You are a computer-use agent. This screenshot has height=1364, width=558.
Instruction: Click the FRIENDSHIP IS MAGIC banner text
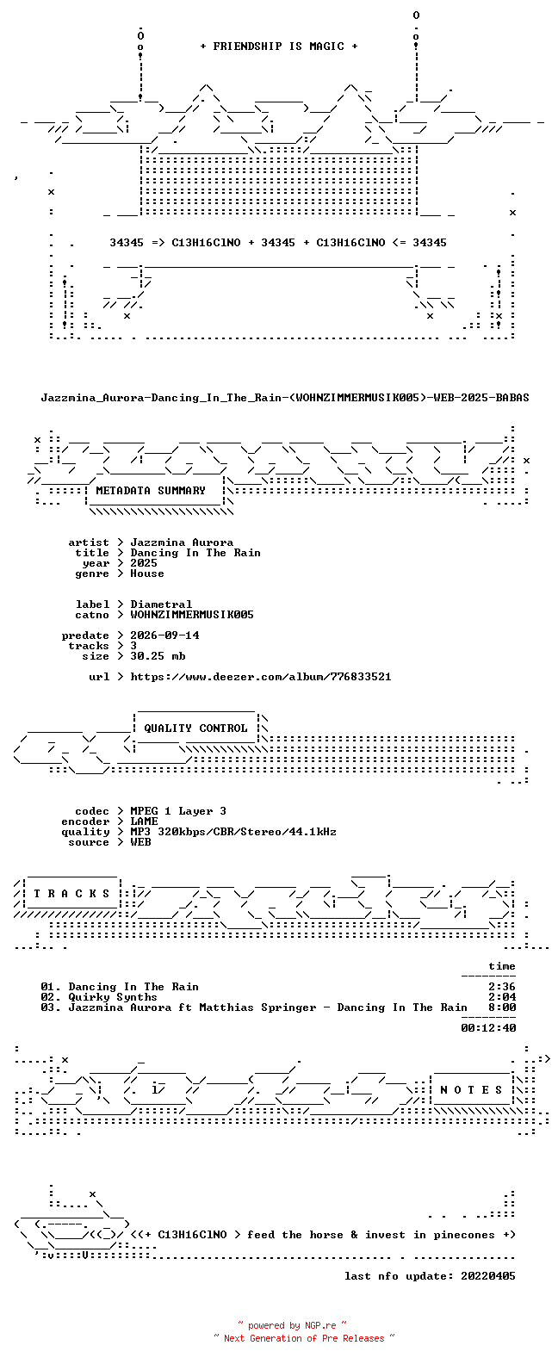279,46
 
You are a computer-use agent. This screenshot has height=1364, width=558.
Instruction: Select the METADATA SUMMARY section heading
151,491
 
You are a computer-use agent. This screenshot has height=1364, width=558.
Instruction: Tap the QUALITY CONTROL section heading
195,728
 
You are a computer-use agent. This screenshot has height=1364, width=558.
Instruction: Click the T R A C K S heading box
71,894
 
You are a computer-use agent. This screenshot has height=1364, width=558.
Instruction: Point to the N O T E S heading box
472,1090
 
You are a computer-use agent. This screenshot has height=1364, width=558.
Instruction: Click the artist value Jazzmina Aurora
182,542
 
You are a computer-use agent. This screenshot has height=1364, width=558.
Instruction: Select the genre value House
146,573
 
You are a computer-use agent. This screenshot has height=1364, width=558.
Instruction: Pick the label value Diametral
161,604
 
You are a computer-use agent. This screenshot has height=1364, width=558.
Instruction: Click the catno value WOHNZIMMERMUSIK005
192,615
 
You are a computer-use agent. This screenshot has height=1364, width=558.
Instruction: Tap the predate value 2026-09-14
164,635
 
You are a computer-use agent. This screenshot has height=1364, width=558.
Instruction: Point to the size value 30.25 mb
158,656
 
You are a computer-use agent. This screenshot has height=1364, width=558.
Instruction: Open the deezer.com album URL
261,677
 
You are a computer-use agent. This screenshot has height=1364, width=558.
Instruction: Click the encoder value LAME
144,821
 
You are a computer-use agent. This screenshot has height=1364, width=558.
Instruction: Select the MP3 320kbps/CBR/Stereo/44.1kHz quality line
233,832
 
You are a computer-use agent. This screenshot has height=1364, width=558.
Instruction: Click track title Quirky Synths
113,997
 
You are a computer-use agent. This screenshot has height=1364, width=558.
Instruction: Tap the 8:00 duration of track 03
502,1008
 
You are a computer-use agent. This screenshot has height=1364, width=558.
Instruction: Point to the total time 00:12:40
488,1028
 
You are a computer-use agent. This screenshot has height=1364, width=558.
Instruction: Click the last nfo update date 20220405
488,1276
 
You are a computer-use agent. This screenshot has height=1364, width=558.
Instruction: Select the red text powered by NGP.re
292,1325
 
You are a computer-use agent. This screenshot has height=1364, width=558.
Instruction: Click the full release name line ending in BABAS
285,398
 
